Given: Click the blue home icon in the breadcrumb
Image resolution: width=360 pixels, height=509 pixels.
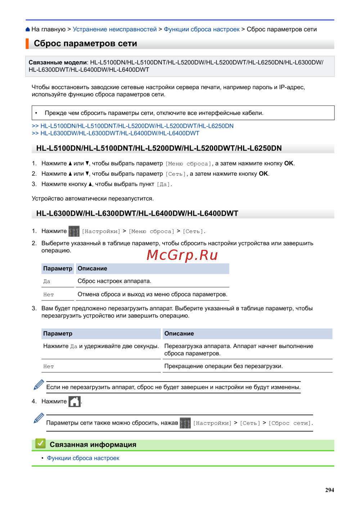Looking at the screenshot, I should [28, 30].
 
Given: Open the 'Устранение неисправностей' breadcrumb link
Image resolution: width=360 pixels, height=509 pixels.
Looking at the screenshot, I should [114, 30].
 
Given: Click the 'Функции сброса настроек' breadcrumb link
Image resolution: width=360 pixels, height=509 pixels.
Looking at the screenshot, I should [202, 30].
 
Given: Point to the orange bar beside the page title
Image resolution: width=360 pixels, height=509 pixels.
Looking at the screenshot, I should [27, 44].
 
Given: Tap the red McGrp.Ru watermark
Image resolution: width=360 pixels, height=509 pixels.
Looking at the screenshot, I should [182, 255].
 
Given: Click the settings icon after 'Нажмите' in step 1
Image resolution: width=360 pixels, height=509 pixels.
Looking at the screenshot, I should [74, 231].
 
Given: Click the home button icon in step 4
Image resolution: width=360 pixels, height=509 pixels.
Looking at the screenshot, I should [75, 401].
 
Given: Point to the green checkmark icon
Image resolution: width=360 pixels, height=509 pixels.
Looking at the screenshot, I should [40, 444].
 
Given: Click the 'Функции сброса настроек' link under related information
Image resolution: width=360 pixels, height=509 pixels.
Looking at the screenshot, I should [83, 458].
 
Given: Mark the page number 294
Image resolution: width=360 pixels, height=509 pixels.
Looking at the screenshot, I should [329, 490].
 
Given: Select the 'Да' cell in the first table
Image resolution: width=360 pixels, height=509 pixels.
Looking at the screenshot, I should [47, 281].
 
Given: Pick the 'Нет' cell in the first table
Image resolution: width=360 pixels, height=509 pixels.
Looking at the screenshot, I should [49, 295].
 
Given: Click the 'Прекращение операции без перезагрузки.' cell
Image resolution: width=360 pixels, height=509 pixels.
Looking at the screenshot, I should [223, 366].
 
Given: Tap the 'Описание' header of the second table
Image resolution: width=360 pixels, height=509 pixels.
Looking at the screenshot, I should [179, 334].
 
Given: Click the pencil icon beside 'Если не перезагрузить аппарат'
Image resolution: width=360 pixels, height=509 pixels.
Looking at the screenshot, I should [39, 384].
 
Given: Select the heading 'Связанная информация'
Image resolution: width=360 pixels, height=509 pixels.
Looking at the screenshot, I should [93, 445].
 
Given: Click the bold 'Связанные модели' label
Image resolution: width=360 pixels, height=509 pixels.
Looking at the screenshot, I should [58, 62].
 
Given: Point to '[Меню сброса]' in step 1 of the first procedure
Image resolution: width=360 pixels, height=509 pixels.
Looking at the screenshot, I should [188, 164].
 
